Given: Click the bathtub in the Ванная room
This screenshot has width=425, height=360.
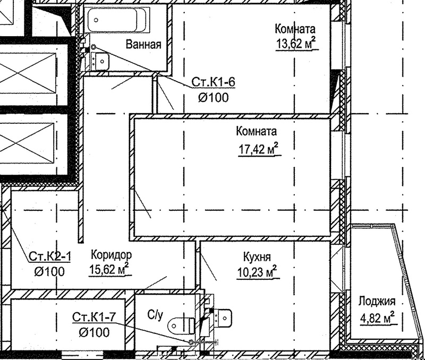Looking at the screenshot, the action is click(117, 20).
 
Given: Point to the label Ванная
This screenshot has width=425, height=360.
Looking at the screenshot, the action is click(143, 45).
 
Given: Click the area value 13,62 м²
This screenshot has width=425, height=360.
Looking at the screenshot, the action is click(296, 44).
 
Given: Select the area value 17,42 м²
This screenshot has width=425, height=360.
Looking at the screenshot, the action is click(259, 149).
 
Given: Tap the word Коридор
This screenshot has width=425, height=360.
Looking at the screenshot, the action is click(112, 255).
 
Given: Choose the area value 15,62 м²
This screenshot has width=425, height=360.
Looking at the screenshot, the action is click(109, 269).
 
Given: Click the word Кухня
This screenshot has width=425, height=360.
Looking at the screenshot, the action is click(257, 257).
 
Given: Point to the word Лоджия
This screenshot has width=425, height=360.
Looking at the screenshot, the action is click(377, 302).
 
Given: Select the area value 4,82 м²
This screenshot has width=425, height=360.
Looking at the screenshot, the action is click(377, 318).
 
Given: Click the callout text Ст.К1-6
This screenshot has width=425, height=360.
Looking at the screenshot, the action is click(213, 82).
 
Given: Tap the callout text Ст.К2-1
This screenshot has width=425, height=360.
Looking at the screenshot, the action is click(49, 256).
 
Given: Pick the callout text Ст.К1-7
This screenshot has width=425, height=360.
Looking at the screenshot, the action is click(94, 317).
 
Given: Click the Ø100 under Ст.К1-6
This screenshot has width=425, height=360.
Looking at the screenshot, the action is click(214, 98).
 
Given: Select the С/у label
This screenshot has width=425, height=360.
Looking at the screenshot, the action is click(155, 315).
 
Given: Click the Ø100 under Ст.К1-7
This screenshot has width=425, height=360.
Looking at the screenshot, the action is click(94, 332).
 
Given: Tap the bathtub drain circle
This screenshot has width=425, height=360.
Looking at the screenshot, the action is click(96, 20).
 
